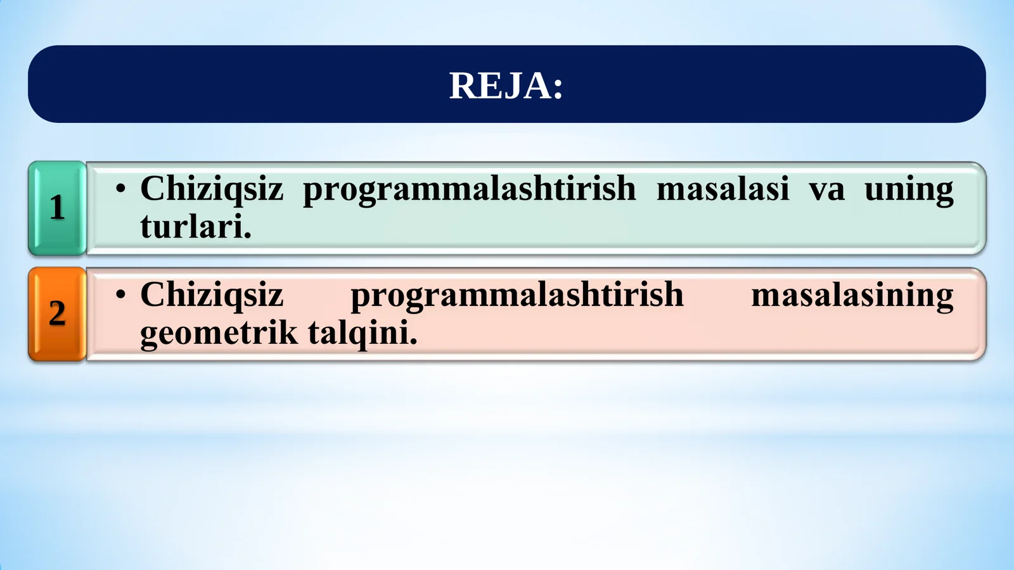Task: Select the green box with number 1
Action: tap(57, 208)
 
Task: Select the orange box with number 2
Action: tap(57, 314)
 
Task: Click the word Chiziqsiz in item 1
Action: tap(211, 189)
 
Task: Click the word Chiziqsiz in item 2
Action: tap(211, 294)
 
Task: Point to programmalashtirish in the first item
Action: tap(469, 189)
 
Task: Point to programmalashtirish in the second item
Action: tap(517, 294)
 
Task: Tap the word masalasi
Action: tap(722, 189)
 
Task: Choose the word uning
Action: tap(908, 189)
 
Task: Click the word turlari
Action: tap(191, 227)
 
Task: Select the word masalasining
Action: tap(852, 294)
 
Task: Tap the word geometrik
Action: tap(218, 333)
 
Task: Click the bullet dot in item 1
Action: tap(120, 189)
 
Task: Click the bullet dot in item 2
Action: tap(120, 294)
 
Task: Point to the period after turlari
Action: tap(248, 236)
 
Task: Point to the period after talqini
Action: tap(414, 343)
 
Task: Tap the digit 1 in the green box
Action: tap(57, 208)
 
